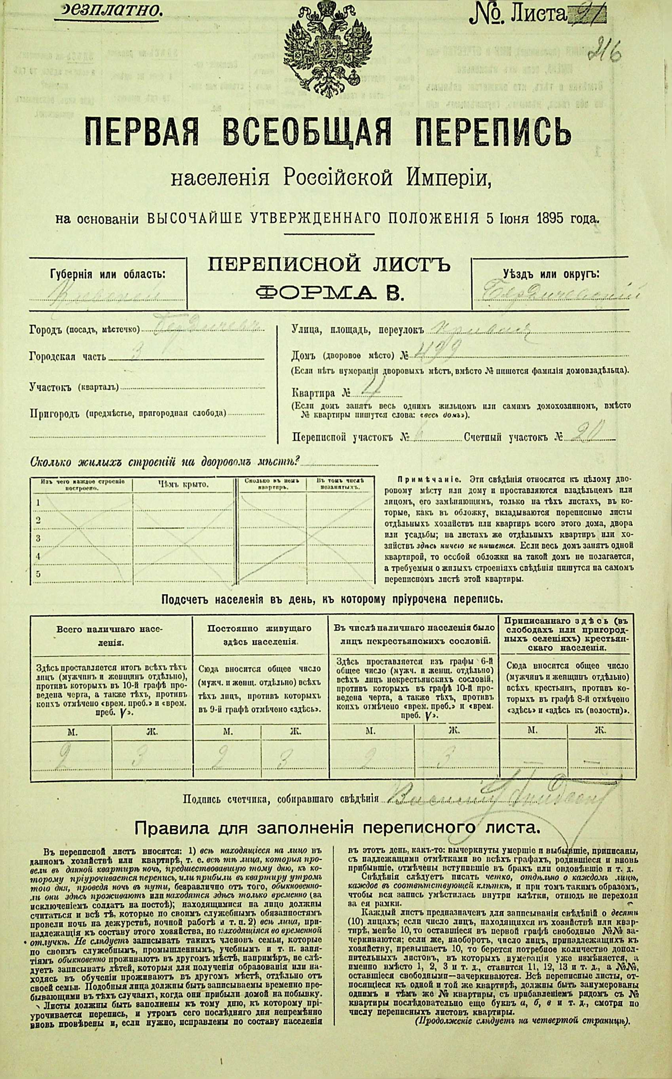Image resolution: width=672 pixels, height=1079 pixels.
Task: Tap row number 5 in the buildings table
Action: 38,573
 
